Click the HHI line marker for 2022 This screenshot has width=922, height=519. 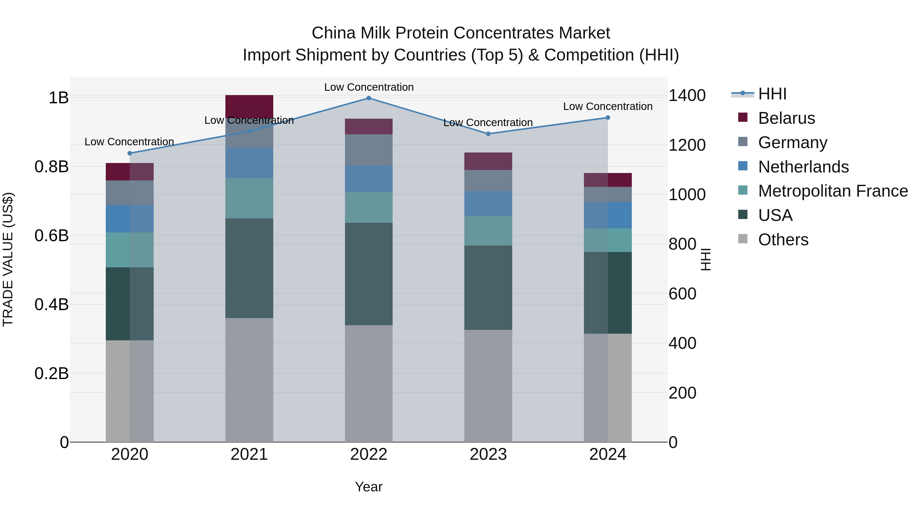[x=369, y=98]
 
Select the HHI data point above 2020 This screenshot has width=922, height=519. [x=130, y=153]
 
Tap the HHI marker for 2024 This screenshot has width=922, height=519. [x=608, y=117]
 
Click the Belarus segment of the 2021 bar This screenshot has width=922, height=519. [x=249, y=105]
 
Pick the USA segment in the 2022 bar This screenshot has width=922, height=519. [x=369, y=274]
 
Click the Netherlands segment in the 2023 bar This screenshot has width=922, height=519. [x=488, y=204]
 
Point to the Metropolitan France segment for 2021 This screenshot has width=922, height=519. [x=249, y=198]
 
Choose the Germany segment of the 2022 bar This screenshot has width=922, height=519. [x=369, y=150]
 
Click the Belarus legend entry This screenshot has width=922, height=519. [x=786, y=118]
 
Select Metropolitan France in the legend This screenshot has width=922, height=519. [x=833, y=191]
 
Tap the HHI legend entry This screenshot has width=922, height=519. [x=772, y=94]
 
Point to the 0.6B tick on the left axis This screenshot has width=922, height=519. [x=51, y=236]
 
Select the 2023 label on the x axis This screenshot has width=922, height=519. [x=488, y=454]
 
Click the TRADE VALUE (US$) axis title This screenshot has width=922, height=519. [x=8, y=259]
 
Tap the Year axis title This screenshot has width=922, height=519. [x=369, y=487]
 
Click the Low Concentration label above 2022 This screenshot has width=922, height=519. [x=369, y=87]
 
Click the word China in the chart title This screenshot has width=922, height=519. [x=333, y=33]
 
